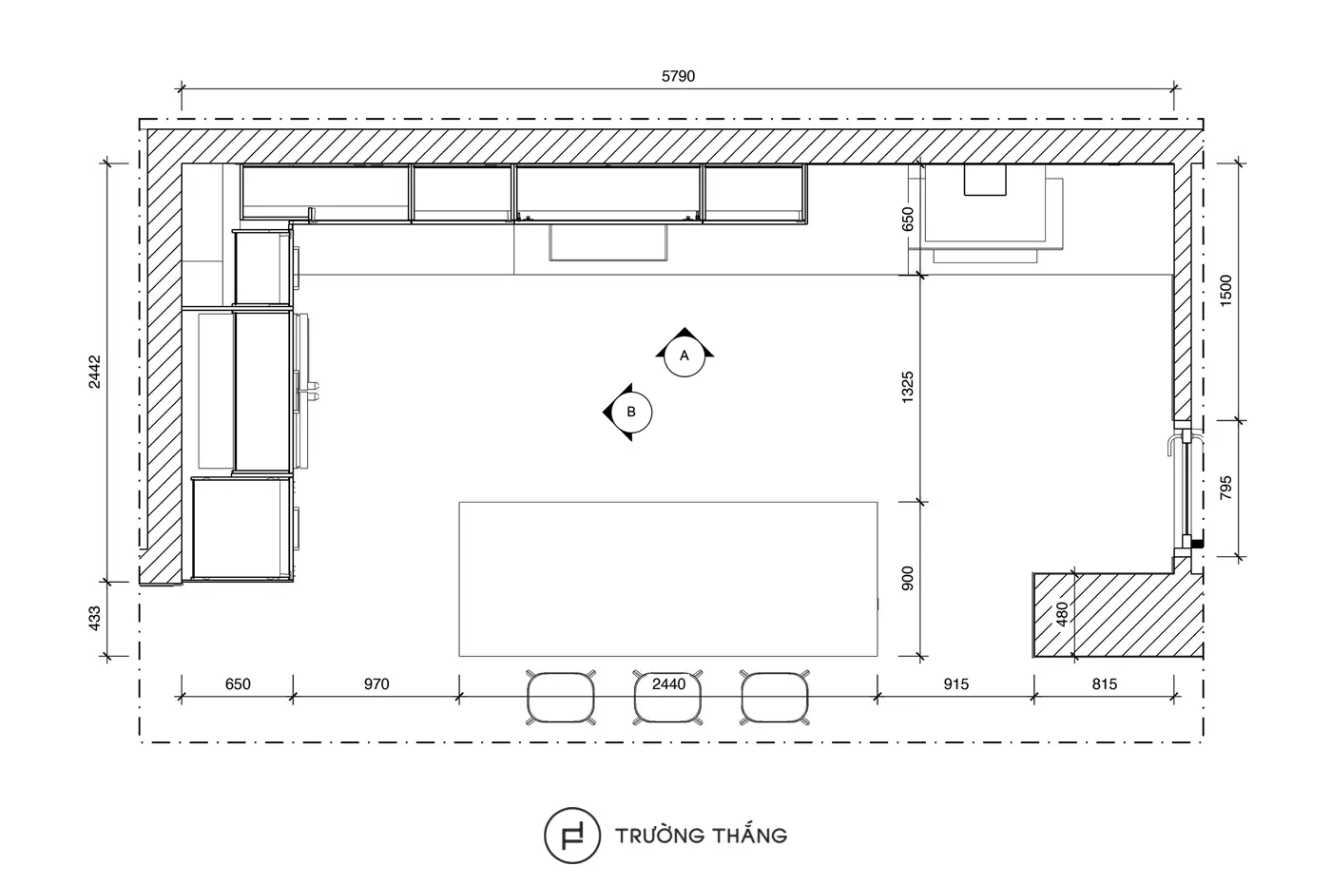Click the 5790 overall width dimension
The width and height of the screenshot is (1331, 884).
coord(678,76)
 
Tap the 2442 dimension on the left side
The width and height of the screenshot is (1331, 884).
coord(94,372)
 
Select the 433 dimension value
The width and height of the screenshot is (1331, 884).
coord(94,619)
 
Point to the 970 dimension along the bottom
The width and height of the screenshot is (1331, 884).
coord(376,683)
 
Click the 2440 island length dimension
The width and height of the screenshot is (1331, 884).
coord(669,683)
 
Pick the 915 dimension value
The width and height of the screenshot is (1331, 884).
coord(956,683)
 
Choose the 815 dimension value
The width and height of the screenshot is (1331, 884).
coord(1105,683)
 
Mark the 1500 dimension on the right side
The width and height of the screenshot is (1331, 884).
coord(1225,290)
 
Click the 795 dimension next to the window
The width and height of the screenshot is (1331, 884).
coord(1225,487)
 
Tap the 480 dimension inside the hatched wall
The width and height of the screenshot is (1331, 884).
coord(1063,614)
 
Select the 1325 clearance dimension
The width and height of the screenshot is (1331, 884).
coord(907,388)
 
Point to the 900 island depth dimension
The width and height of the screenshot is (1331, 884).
coord(907,579)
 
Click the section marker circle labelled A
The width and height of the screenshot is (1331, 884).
coord(685,356)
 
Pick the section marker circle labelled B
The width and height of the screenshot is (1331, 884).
coord(631,412)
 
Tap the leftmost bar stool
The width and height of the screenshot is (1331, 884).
coord(561,698)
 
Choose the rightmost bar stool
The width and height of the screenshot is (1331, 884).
coord(775,698)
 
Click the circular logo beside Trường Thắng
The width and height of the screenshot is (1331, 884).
coord(572,836)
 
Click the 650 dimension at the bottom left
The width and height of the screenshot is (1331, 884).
coord(238,683)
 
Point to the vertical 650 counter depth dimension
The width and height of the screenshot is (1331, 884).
coord(907,220)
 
